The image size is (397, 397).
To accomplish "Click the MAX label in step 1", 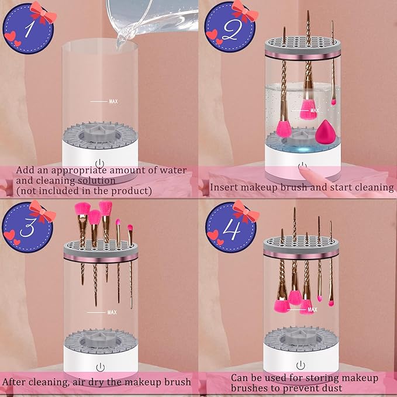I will click(x=113, y=101).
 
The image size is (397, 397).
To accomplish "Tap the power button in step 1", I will click(x=100, y=163).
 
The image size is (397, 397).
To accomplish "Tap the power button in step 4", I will click(x=301, y=364).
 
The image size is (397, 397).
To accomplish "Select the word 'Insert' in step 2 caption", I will click(x=224, y=187).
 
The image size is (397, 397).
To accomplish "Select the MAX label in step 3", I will click(x=112, y=312).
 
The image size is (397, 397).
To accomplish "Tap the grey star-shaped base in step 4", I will click(x=301, y=337).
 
